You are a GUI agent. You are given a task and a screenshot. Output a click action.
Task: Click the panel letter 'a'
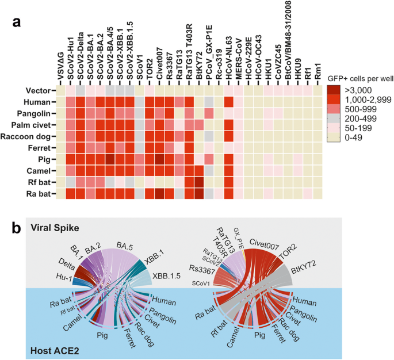click(17, 22)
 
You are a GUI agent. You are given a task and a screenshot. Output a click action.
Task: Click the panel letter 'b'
click(17, 228)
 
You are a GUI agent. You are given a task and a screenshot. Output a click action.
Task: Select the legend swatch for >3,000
click(334, 90)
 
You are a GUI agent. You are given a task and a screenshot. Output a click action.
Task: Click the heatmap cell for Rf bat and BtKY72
click(199, 182)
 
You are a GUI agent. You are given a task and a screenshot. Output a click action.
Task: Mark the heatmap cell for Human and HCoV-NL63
click(229, 102)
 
